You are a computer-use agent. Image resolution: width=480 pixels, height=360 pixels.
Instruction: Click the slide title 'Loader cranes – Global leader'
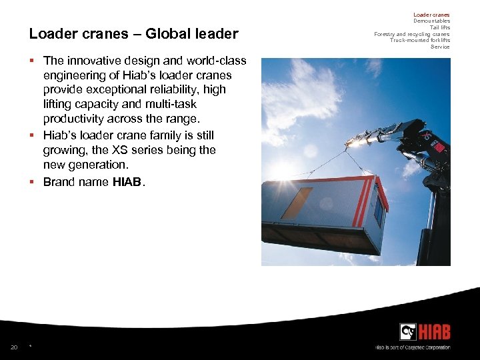[133, 33]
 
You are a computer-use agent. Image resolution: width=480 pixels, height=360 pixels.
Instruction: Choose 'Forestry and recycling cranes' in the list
[411, 34]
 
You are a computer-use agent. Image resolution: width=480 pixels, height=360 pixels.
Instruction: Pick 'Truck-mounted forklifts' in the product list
[419, 40]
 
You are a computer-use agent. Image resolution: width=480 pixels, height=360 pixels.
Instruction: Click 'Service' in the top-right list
[440, 47]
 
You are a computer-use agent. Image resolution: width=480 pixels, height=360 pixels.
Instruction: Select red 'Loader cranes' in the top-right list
[431, 15]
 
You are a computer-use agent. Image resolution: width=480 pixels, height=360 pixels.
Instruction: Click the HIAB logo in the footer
[425, 331]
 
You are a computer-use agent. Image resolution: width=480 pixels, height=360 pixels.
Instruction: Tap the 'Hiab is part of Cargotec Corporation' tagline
[412, 347]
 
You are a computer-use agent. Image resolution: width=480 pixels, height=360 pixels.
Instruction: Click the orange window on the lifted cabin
[296, 203]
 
